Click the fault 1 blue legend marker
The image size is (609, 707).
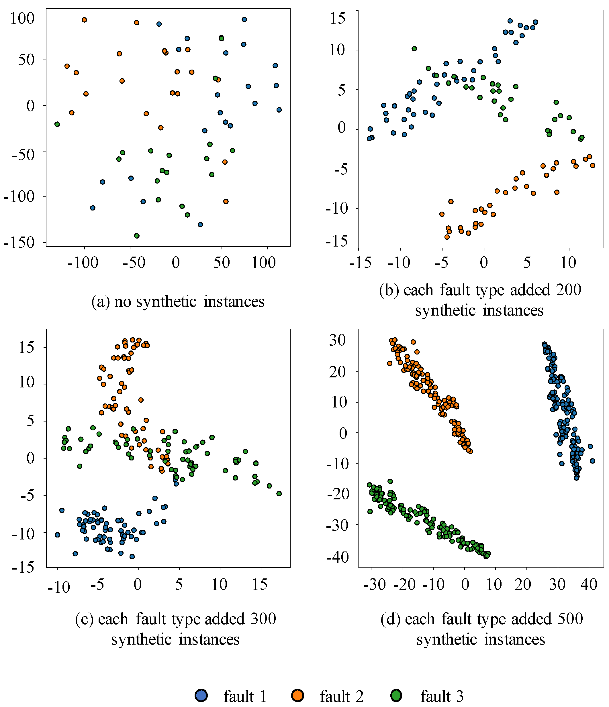coord(201,695)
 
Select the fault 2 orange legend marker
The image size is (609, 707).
coord(298,695)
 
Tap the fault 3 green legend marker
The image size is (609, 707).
coord(397,695)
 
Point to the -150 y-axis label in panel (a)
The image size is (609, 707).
coord(19,243)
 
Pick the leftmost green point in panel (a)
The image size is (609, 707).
coord(57,124)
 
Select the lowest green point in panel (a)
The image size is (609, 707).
coord(137,236)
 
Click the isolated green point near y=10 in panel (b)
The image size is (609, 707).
coord(414,49)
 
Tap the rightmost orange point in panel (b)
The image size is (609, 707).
coord(593,166)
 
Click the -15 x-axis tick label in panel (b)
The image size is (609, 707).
coord(360,263)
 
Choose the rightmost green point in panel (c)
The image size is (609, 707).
coord(279,494)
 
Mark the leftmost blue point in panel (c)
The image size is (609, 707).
coord(57,535)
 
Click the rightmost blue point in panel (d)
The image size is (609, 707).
coord(593,461)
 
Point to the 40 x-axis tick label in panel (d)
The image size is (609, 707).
coord(589,584)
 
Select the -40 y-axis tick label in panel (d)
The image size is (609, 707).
coord(338,557)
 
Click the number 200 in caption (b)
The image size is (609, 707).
coord(568,290)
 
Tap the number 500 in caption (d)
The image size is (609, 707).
coord(570,619)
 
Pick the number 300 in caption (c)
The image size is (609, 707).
coord(263,619)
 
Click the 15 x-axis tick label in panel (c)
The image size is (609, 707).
coord(260,585)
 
